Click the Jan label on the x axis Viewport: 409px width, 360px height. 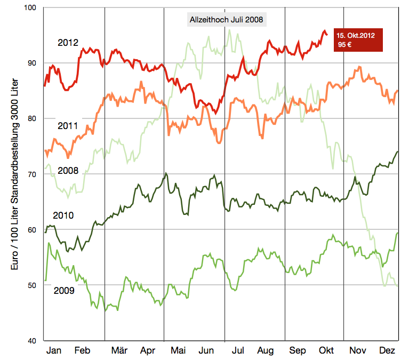(x=54, y=350)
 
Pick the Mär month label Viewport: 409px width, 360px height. (x=119, y=350)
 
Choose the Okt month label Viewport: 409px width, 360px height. (x=326, y=350)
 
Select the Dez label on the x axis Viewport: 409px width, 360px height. (x=386, y=350)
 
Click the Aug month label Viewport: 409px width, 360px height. (x=265, y=350)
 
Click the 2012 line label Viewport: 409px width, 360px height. (x=68, y=43)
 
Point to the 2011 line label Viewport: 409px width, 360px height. (x=68, y=126)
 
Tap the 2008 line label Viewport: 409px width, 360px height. (x=68, y=171)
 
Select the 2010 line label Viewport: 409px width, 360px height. (x=63, y=215)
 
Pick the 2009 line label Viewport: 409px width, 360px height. (x=64, y=291)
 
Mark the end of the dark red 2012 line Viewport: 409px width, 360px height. (x=326, y=34)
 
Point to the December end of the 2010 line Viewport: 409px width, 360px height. (x=397, y=152)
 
